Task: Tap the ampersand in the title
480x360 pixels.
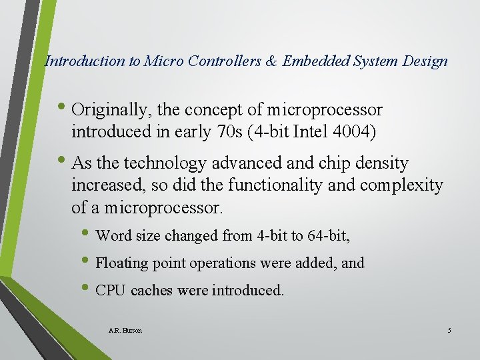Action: coord(272,61)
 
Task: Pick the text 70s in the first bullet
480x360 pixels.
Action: coord(232,132)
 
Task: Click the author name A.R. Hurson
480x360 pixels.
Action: coord(125,331)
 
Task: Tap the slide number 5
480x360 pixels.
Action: coord(449,331)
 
